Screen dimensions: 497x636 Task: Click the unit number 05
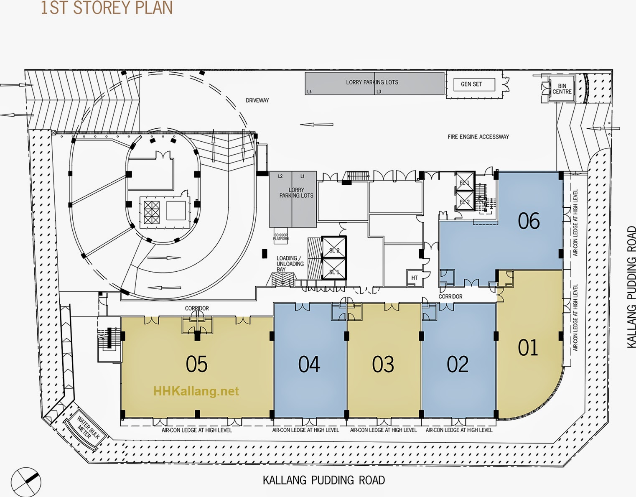[x=196, y=364]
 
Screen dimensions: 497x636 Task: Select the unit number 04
[x=309, y=364]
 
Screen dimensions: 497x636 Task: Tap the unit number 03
[x=383, y=364]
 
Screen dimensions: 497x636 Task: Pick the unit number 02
[x=458, y=364]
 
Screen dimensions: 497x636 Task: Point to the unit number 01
[x=528, y=347]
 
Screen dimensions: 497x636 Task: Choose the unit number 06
[x=529, y=221]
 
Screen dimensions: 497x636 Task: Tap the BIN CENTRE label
[x=562, y=89]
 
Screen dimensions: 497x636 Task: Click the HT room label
[x=414, y=278]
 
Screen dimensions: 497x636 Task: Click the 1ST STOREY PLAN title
[x=106, y=8]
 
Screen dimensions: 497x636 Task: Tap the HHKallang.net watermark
[x=196, y=391]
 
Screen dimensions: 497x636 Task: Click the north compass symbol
[x=26, y=482]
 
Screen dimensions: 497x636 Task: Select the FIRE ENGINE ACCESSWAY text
[x=478, y=137]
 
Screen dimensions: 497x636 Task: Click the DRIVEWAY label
[x=257, y=100]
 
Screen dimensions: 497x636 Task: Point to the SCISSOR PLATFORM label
[x=281, y=237]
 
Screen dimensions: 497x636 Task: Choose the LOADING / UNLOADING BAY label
[x=290, y=264]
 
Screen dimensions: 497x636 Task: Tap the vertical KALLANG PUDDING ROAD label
[x=631, y=287]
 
